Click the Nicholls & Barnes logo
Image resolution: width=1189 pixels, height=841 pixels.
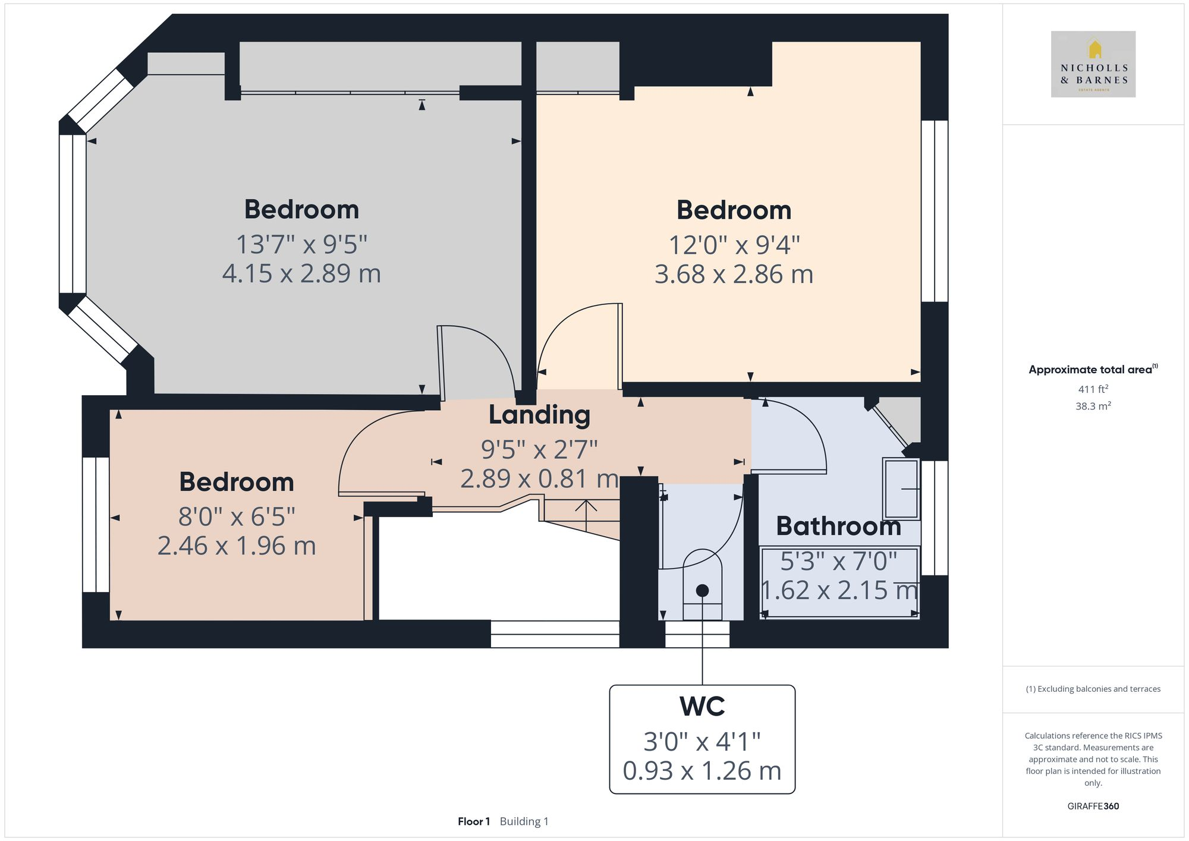[x=1093, y=64]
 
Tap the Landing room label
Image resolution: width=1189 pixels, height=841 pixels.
[x=539, y=415]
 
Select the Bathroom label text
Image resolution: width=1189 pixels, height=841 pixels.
[x=838, y=527]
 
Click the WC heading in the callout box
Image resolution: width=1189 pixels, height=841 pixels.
[x=702, y=706]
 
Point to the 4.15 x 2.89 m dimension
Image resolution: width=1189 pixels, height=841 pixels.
[x=301, y=273]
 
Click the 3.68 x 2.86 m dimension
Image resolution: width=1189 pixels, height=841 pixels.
[x=734, y=274]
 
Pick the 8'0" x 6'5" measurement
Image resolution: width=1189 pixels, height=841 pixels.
[x=237, y=516]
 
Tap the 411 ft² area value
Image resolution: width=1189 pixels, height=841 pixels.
[x=1093, y=389]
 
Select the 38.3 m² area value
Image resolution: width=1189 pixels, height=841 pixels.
[x=1093, y=406]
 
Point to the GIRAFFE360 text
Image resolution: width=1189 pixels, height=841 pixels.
[x=1093, y=807]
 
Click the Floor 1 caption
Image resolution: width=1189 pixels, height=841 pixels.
[x=473, y=821]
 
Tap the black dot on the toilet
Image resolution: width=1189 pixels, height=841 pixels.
[x=702, y=591]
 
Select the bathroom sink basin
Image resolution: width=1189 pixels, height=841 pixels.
[x=901, y=489]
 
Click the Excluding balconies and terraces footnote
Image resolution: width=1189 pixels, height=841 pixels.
[x=1093, y=689]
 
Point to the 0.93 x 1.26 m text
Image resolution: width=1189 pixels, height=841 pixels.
[x=702, y=771]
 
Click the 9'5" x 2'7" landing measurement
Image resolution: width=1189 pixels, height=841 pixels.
[x=539, y=450]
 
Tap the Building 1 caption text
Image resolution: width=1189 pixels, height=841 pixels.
[x=524, y=821]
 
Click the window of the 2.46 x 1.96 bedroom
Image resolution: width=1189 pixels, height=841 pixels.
[x=96, y=525]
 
